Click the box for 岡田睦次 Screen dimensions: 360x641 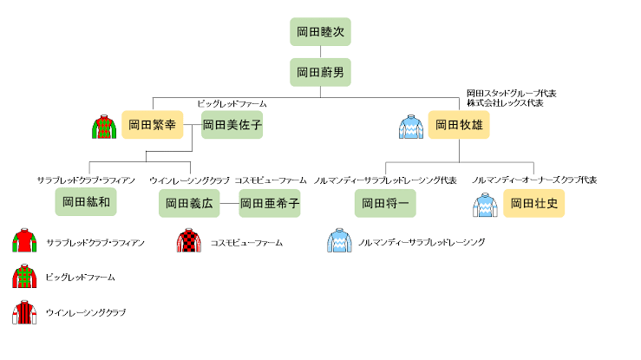(320, 32)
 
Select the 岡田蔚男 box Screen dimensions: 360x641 (320, 72)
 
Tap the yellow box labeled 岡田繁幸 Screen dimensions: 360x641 (152, 126)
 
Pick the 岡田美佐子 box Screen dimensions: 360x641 (232, 126)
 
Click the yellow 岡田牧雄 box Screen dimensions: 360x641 (459, 126)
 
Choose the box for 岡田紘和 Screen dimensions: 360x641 (86, 203)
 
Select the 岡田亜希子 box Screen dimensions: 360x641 (270, 203)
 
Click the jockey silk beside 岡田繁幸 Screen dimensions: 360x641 (104, 127)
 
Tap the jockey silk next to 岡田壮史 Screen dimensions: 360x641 (484, 205)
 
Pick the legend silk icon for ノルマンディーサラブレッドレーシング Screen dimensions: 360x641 (339, 242)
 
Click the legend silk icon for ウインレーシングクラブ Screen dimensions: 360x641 (24, 312)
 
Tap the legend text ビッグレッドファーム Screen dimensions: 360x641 (80, 278)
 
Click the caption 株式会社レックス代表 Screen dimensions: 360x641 (505, 103)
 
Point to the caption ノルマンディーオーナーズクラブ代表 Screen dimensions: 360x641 (534, 180)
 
